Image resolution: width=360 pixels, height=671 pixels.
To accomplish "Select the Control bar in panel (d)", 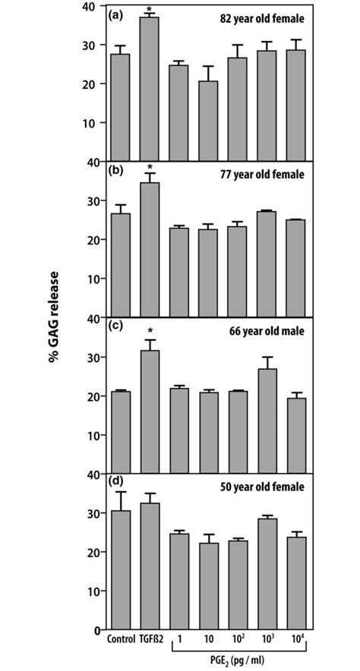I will pyautogui.click(x=120, y=570).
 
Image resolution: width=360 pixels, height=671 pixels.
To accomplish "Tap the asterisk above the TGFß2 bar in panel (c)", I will pyautogui.click(x=150, y=331).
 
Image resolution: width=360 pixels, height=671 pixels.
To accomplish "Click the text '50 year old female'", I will pyautogui.click(x=263, y=487).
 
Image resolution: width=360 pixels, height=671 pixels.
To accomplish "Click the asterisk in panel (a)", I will pyautogui.click(x=150, y=9).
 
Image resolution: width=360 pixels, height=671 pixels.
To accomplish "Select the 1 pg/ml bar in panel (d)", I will pyautogui.click(x=179, y=581).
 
